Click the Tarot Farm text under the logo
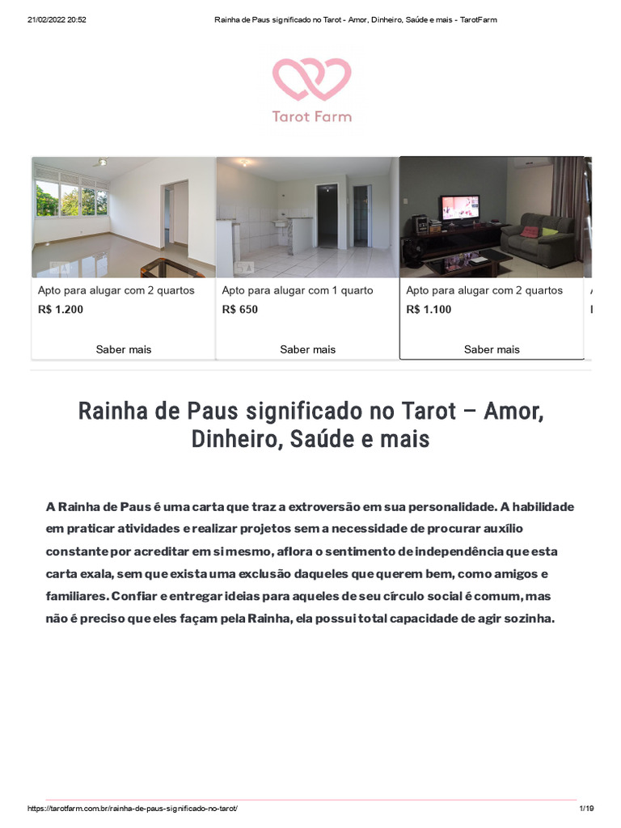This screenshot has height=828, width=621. tap(311, 116)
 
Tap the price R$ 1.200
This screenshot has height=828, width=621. tap(61, 309)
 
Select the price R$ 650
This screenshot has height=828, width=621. tap(240, 309)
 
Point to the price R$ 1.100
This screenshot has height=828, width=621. tap(429, 309)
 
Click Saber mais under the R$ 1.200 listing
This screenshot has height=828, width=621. tap(124, 349)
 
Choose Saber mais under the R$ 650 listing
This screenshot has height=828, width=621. tap(307, 349)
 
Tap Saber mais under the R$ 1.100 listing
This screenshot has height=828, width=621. tap(492, 349)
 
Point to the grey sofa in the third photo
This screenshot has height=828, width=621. tap(536, 233)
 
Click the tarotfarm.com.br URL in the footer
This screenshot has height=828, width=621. tap(133, 809)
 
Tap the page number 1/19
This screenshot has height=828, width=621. tap(586, 809)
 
